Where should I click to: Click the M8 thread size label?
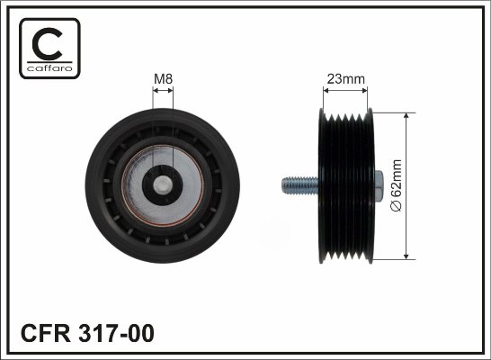point(163,79)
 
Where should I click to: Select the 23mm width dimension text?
point(345,79)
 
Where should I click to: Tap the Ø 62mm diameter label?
point(396,185)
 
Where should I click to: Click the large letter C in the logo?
point(48,44)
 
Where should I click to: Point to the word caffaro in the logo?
point(49,68)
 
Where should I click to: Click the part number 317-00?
point(116,333)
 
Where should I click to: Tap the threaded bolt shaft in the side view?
point(299,185)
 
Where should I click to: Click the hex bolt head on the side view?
point(379,185)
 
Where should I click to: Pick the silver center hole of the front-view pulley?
point(162,184)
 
